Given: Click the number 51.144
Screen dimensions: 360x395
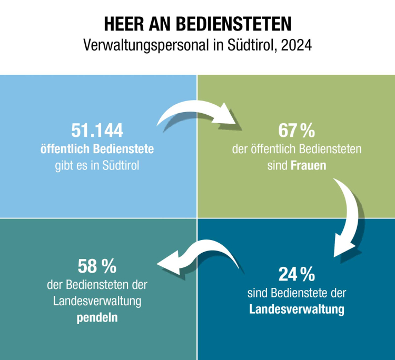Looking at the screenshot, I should point(97,131).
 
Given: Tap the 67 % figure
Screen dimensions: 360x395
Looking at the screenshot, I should point(297,131).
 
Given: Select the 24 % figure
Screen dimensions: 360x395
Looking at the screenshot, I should point(297,274).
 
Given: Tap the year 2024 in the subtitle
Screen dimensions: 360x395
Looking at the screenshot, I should point(297,45).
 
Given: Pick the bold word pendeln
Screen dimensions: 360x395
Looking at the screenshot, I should point(97,318).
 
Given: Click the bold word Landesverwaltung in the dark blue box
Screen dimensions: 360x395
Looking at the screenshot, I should point(297,308).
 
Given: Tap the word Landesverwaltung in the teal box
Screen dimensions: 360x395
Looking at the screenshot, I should point(97,301).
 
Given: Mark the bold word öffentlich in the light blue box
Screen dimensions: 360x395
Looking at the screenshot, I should point(65,149).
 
